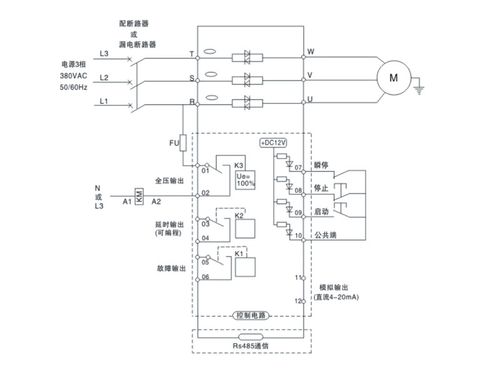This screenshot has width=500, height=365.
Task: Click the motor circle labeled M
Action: (393, 78)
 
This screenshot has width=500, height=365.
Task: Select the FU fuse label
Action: (174, 143)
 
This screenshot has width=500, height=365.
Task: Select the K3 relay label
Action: (239, 166)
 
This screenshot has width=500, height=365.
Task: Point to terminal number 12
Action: (298, 301)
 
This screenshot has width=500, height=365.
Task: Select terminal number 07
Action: (298, 168)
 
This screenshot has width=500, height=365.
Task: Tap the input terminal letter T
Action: (191, 54)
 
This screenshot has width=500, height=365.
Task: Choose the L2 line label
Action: (104, 77)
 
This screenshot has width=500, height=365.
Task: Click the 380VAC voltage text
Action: (73, 75)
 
